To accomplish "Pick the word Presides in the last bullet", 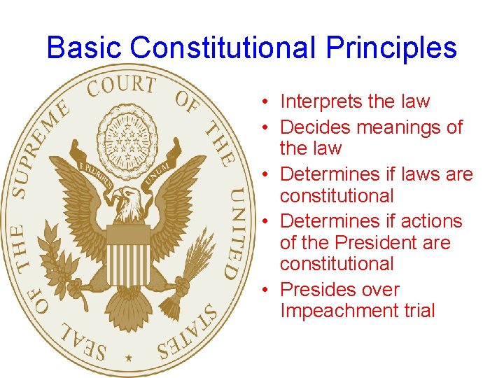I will [314, 290].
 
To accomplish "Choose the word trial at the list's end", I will [419, 310].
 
